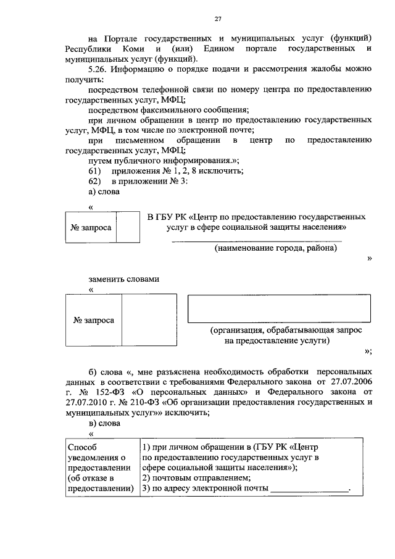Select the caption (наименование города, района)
(276, 248)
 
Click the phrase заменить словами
(124, 279)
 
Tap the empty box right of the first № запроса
(128, 227)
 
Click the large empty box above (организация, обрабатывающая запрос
(279, 308)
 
